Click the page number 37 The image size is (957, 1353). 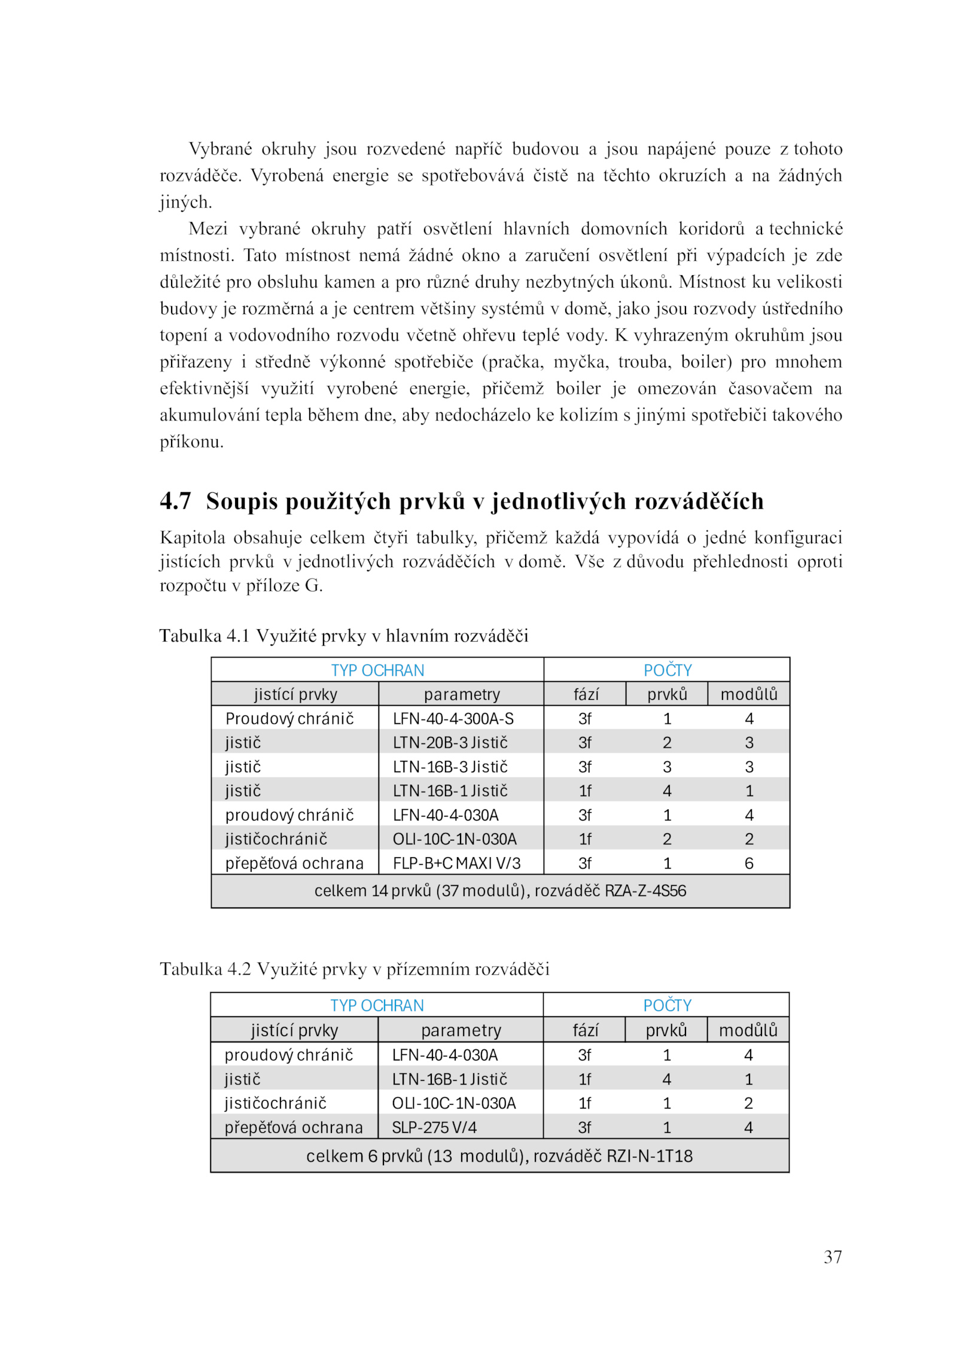pyautogui.click(x=832, y=1256)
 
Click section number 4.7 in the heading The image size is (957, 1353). pyautogui.click(x=175, y=501)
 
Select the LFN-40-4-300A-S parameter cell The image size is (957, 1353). pyautogui.click(x=453, y=718)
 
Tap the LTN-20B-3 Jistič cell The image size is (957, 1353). pyautogui.click(x=450, y=742)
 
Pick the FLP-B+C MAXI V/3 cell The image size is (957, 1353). pyautogui.click(x=456, y=863)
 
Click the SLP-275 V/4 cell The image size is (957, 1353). pyautogui.click(x=434, y=1127)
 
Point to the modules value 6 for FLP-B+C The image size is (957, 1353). pyautogui.click(x=749, y=863)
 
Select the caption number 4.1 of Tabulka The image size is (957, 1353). pyautogui.click(x=238, y=635)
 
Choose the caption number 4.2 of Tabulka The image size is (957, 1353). pyautogui.click(x=239, y=968)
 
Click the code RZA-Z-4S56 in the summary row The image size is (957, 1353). pyautogui.click(x=645, y=891)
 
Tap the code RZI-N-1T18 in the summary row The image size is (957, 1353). pyautogui.click(x=649, y=1156)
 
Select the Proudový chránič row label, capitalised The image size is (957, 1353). pyautogui.click(x=289, y=718)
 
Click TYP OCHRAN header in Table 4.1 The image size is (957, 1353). pyautogui.click(x=377, y=670)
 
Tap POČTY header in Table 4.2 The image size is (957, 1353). pyautogui.click(x=667, y=1005)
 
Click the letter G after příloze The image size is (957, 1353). pyautogui.click(x=312, y=585)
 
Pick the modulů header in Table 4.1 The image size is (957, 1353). pyautogui.click(x=749, y=694)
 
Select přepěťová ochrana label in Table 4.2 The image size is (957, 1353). pyautogui.click(x=294, y=1127)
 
